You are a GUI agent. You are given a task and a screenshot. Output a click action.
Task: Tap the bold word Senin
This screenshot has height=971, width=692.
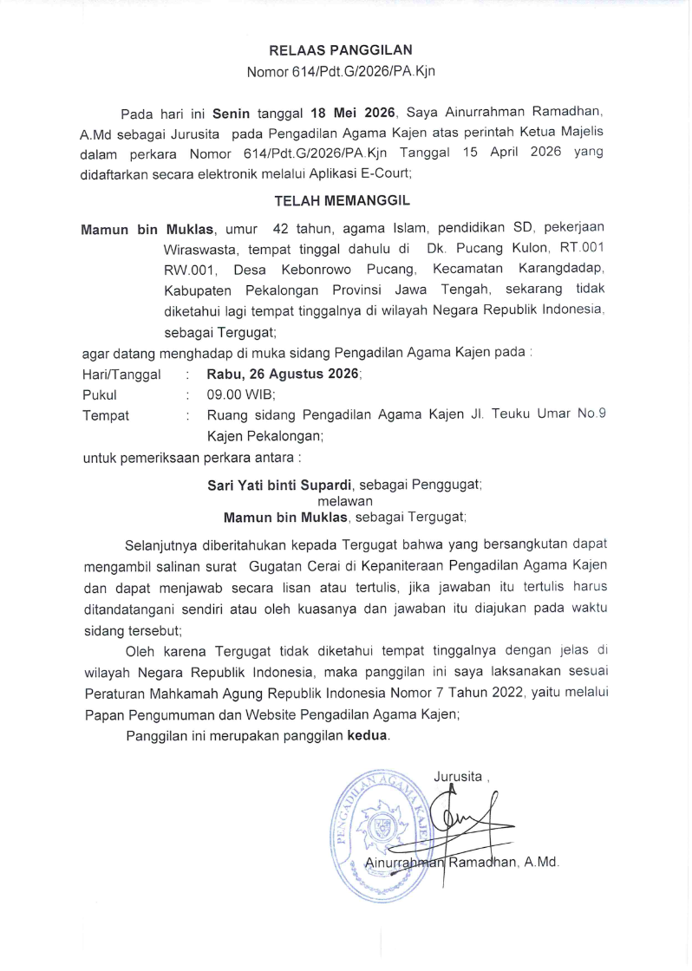(232, 114)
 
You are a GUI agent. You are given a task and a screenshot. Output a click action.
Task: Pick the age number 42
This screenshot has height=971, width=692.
(281, 230)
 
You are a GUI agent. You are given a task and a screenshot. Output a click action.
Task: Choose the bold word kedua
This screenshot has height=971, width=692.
(368, 737)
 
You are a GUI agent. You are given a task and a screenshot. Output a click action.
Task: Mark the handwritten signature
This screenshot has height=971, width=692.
(468, 819)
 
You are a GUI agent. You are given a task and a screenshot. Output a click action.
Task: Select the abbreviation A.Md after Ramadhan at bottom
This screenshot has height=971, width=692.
(543, 863)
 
